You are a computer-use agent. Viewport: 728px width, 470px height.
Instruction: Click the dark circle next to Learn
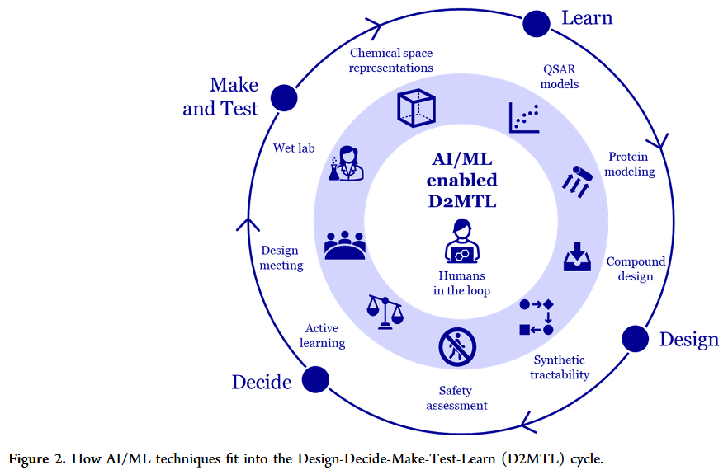pos(537,24)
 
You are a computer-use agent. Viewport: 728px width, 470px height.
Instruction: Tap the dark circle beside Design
pos(635,338)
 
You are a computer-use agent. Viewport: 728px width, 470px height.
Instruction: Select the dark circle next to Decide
pos(315,379)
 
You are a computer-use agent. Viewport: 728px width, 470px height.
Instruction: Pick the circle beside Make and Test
pos(284,97)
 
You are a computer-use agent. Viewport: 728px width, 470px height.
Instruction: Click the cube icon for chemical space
pos(416,107)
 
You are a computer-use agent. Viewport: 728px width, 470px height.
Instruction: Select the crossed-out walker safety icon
pos(457,347)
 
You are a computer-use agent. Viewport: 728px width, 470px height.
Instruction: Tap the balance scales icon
pos(385,313)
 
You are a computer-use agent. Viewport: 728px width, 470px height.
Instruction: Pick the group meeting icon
pos(345,245)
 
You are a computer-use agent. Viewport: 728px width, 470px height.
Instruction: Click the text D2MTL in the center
pos(461,200)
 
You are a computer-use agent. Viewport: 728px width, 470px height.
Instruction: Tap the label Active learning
pos(322,336)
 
